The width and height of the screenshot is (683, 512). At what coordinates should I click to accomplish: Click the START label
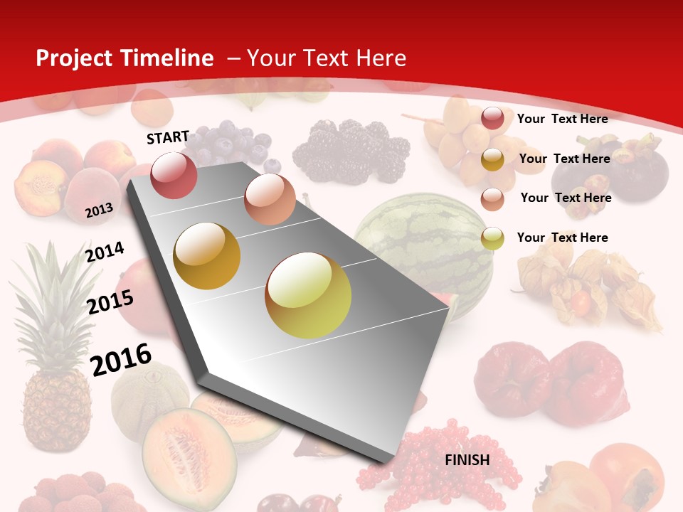coord(168,137)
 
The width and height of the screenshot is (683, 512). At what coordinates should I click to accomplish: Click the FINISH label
coord(467,460)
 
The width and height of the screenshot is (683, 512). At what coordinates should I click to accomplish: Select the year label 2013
coord(99,210)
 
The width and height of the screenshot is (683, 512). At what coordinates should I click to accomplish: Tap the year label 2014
coord(105,252)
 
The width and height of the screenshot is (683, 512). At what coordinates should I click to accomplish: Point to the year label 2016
coord(121,359)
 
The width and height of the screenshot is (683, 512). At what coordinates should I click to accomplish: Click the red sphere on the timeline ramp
coord(174,175)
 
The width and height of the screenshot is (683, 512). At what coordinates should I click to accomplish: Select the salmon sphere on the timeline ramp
coord(270,199)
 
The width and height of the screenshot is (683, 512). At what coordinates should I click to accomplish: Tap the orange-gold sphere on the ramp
coord(207,256)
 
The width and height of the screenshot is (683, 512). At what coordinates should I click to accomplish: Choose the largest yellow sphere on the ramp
coord(308,295)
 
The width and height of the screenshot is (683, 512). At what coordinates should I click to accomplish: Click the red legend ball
coord(492,119)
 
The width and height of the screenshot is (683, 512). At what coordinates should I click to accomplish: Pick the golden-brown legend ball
coord(492,159)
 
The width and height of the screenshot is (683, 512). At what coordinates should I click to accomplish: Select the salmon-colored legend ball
coord(492,198)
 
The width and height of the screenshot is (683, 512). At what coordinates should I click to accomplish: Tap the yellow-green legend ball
coord(492,238)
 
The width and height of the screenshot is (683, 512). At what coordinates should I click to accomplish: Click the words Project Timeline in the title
coord(125,58)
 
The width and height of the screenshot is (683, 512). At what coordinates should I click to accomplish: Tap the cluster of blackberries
coord(352,149)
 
